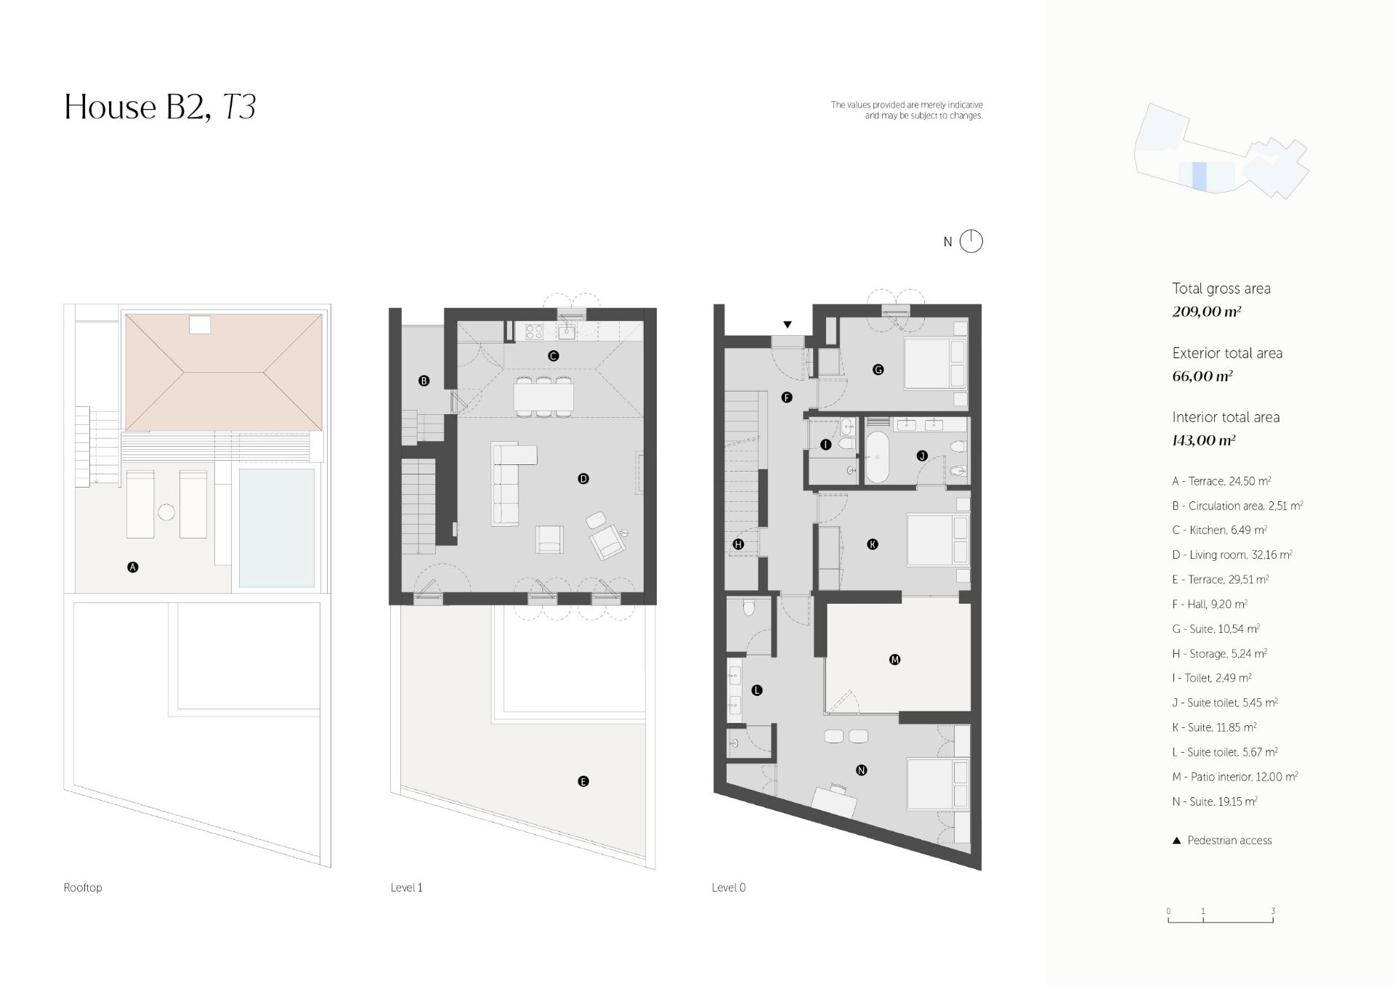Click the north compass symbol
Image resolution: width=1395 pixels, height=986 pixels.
(x=971, y=241)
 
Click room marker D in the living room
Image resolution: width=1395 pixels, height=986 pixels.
(x=583, y=479)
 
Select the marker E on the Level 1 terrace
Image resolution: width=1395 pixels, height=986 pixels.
(x=583, y=782)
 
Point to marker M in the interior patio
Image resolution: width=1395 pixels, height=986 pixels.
(x=894, y=660)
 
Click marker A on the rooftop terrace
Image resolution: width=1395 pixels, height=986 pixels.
(x=132, y=567)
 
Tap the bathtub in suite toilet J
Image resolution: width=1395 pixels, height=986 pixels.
(x=877, y=458)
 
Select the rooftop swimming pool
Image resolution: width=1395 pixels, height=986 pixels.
(x=277, y=528)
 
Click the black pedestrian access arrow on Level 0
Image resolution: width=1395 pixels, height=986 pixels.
(x=787, y=325)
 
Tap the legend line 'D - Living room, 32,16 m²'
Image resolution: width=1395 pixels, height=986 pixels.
(x=1232, y=555)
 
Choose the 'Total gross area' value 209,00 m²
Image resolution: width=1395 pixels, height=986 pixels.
(x=1206, y=312)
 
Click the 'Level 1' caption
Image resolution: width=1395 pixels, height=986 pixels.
(x=406, y=887)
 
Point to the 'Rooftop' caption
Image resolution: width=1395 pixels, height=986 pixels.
(x=83, y=887)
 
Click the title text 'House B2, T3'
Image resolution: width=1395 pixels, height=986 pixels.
(x=160, y=107)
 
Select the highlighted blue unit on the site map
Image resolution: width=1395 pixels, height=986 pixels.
(x=1200, y=177)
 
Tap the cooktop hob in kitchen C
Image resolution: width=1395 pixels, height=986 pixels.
(x=534, y=332)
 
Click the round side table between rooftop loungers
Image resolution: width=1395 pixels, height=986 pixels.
(x=166, y=512)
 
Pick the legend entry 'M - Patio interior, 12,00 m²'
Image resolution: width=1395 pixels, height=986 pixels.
(x=1235, y=777)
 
